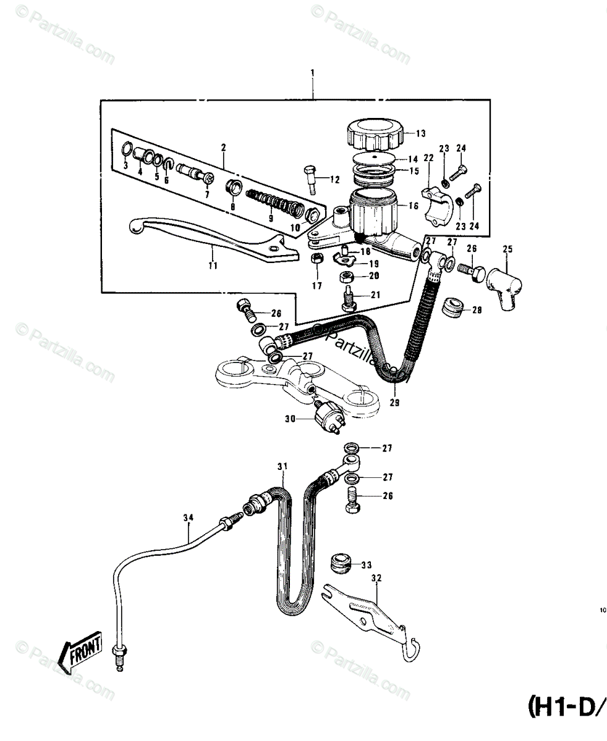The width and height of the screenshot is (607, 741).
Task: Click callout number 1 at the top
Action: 313,73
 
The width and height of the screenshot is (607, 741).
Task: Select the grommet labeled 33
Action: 339,563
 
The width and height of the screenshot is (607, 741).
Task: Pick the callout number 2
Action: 223,147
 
